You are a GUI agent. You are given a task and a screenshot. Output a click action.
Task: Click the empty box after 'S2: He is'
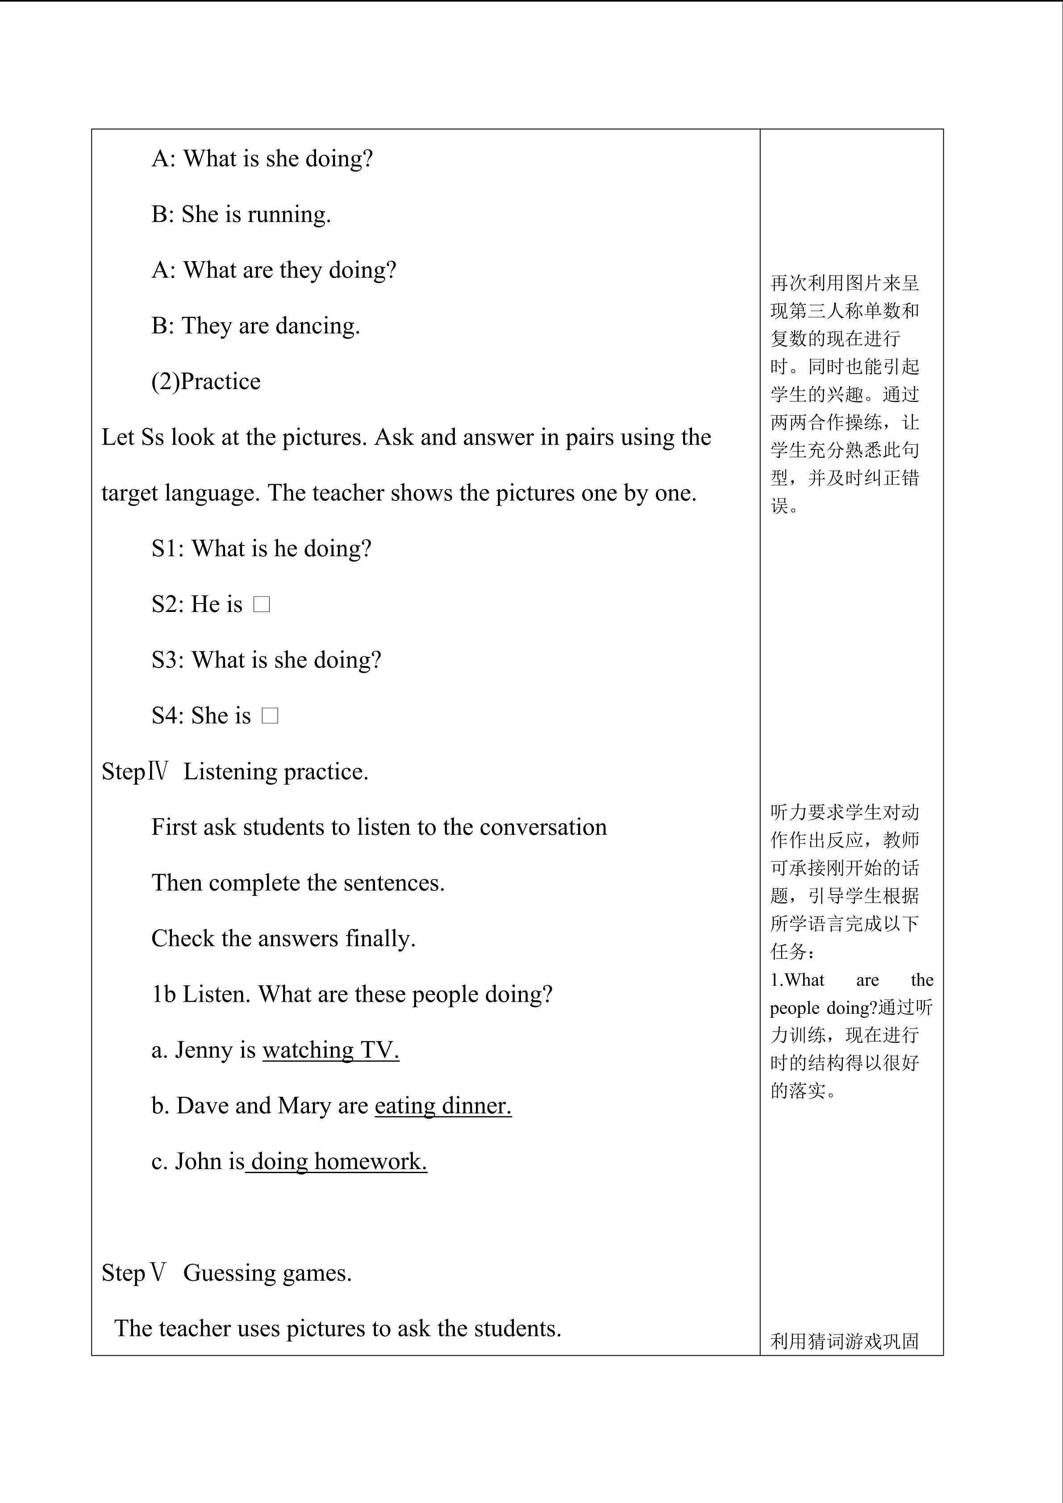click(261, 605)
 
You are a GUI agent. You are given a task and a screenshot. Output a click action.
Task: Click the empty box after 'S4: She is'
click(270, 716)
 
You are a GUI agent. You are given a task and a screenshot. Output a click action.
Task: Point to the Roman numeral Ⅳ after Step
click(158, 771)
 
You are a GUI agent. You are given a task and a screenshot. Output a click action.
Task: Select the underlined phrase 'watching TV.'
click(330, 1051)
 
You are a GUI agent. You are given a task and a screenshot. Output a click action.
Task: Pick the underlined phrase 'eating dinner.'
click(443, 1106)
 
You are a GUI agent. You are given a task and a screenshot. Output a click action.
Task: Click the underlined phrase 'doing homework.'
click(338, 1162)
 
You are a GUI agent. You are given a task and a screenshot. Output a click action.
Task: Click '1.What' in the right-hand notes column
click(796, 980)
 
